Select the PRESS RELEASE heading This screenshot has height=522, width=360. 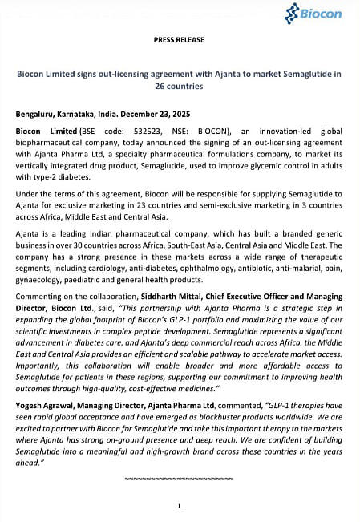(x=179, y=39)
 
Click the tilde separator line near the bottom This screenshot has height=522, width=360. (x=179, y=479)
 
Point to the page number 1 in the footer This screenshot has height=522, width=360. (x=179, y=505)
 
